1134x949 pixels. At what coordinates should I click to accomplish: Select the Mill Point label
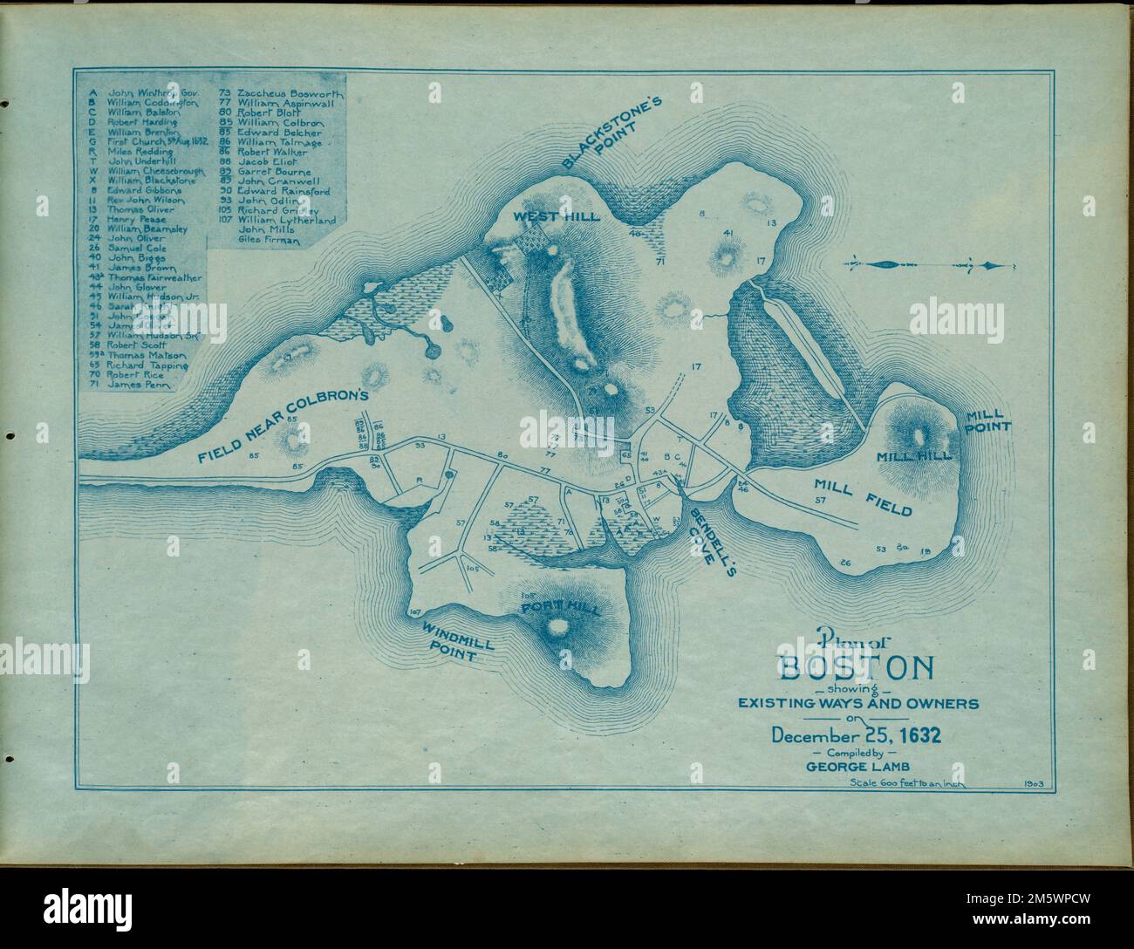tap(987, 420)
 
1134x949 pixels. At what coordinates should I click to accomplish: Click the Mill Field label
tap(863, 496)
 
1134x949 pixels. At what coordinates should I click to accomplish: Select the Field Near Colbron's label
tap(278, 427)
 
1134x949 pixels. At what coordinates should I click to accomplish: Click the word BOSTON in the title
tap(856, 669)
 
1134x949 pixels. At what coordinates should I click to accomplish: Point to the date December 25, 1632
tap(856, 734)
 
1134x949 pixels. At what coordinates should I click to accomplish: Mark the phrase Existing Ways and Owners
tap(858, 702)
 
